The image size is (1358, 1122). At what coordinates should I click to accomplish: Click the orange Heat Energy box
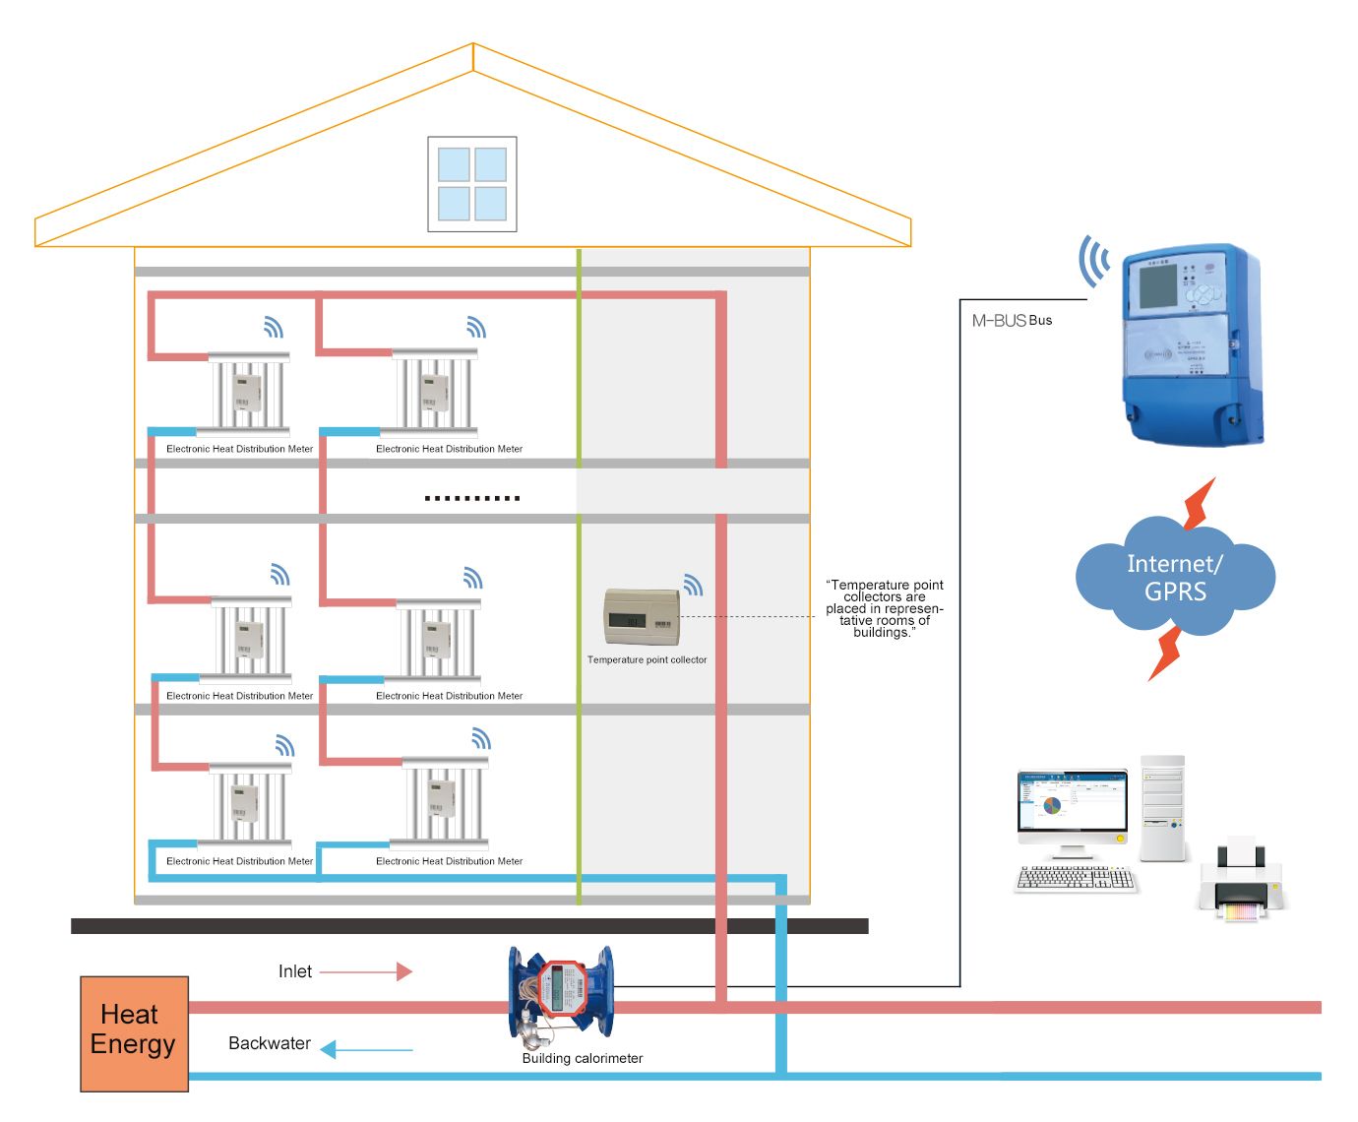click(134, 1033)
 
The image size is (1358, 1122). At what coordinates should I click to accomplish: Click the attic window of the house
click(472, 184)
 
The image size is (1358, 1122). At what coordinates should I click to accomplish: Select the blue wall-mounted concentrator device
click(1191, 344)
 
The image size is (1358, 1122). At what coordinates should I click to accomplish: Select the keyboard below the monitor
click(1076, 878)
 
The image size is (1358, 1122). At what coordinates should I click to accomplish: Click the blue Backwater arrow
click(366, 1050)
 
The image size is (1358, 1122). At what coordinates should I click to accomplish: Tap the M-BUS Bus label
click(1012, 321)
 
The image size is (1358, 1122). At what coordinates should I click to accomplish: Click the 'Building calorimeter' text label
click(583, 1059)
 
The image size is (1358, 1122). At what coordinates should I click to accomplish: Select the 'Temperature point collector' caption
click(647, 659)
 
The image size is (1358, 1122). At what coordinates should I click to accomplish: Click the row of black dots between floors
click(472, 498)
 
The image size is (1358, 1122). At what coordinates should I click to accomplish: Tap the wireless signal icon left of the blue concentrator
click(1093, 262)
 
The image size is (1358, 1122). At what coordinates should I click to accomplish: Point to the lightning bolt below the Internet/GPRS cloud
click(1167, 653)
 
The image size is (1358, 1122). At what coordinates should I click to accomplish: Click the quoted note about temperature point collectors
click(884, 608)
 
